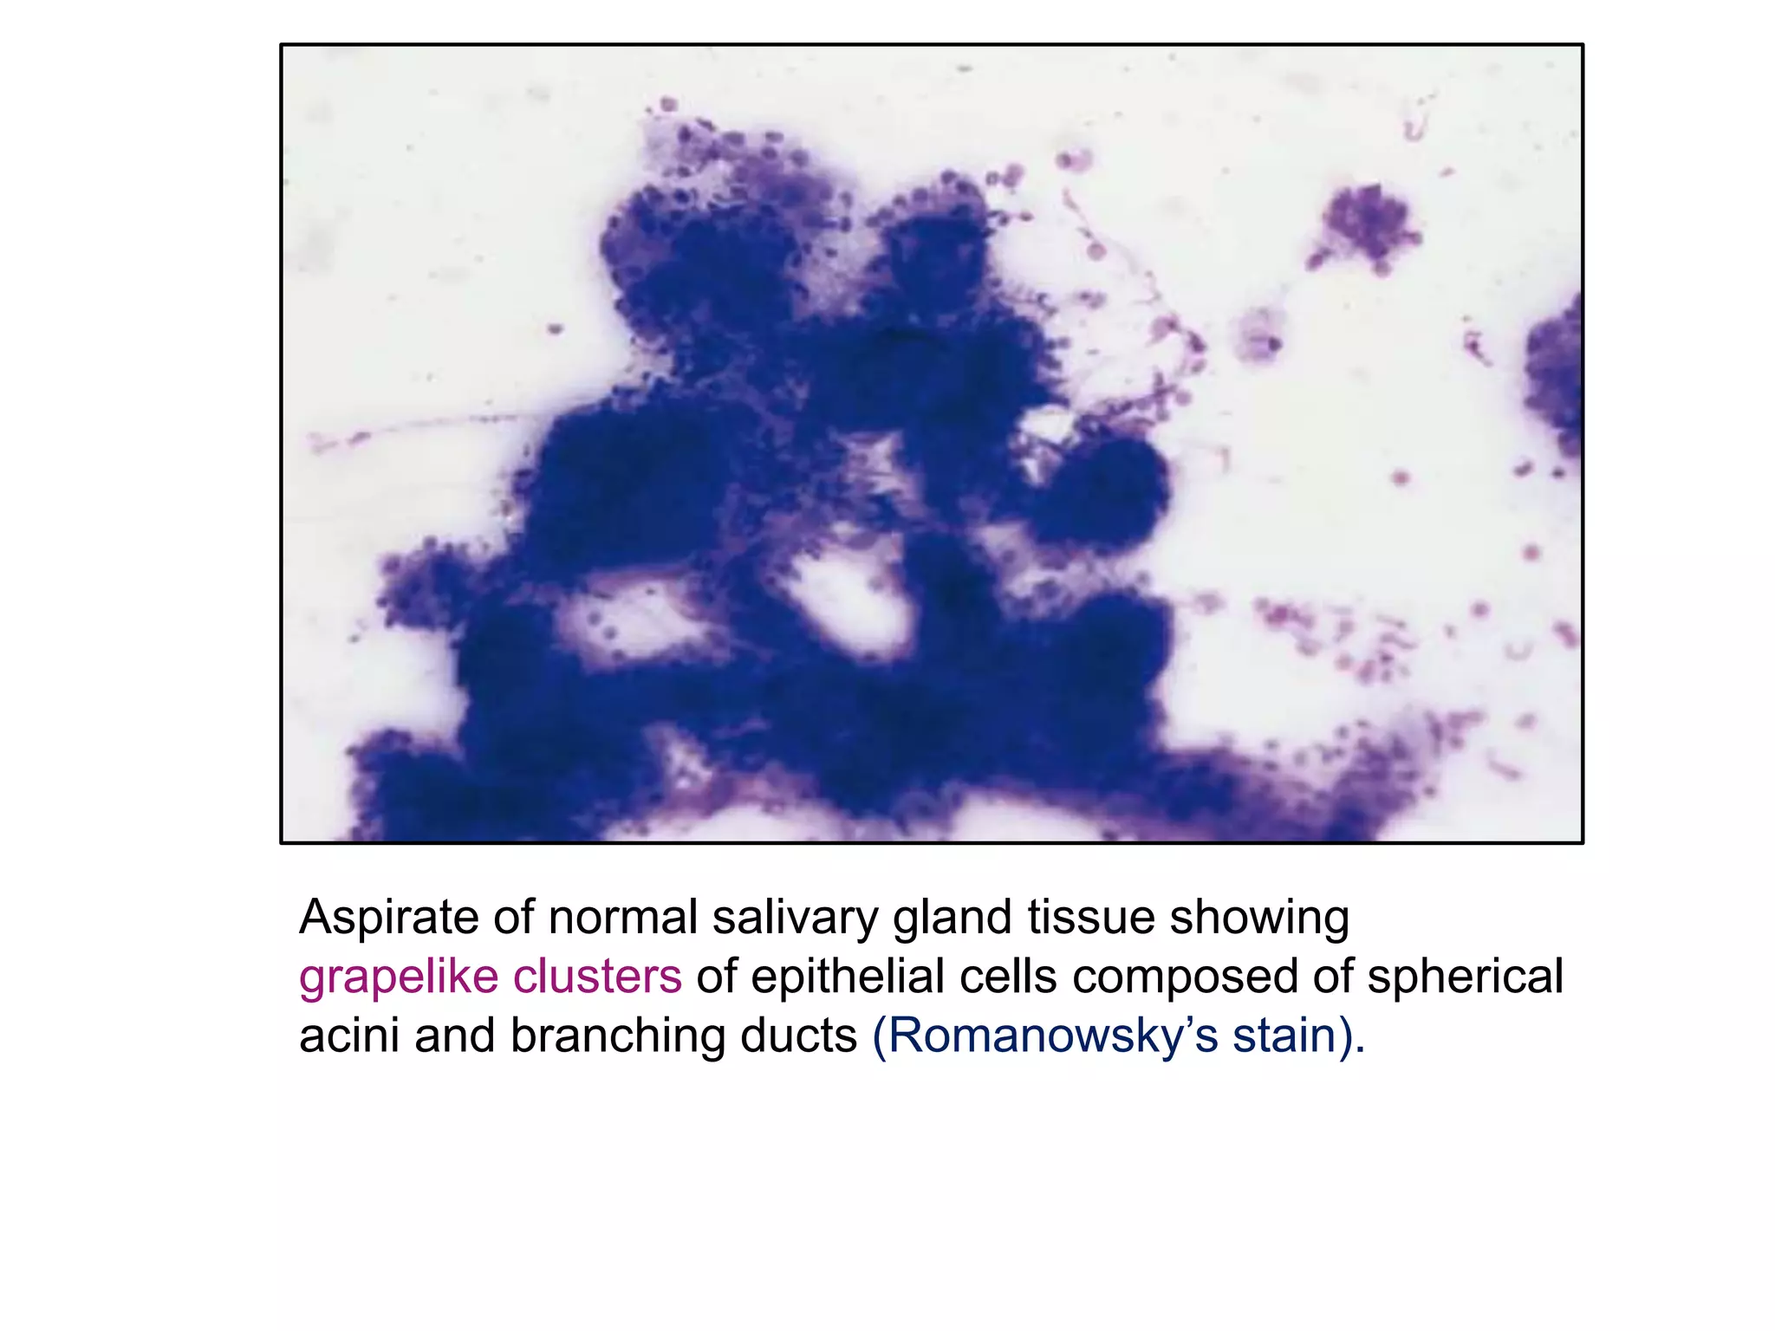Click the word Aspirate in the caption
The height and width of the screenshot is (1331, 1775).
(388, 919)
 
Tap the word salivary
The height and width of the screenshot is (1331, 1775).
(795, 918)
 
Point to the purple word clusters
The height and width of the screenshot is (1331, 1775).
(596, 977)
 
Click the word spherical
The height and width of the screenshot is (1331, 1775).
(1465, 977)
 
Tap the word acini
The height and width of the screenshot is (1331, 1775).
(349, 1036)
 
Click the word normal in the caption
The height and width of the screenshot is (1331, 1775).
(622, 918)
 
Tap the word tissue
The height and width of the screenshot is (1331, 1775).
(1090, 918)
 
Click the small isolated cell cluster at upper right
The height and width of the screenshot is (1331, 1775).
(1368, 224)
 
